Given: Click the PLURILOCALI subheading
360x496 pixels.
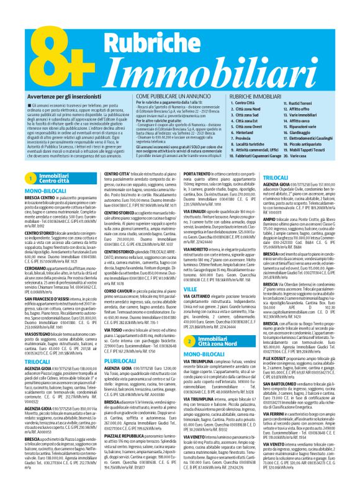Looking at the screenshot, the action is pyautogui.click(x=104, y=359).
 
